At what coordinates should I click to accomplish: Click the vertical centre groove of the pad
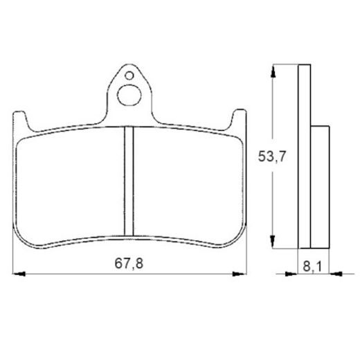pyautogui.click(x=127, y=181)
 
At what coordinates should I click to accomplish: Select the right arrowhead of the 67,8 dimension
pyautogui.click(x=243, y=274)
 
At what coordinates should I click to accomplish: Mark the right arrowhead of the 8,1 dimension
pyautogui.click(x=332, y=274)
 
